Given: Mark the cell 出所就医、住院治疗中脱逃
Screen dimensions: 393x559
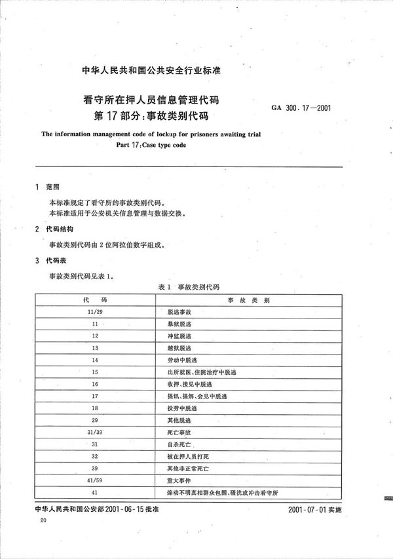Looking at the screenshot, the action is click(x=197, y=372).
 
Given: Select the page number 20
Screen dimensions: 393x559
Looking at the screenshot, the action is click(x=43, y=520).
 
